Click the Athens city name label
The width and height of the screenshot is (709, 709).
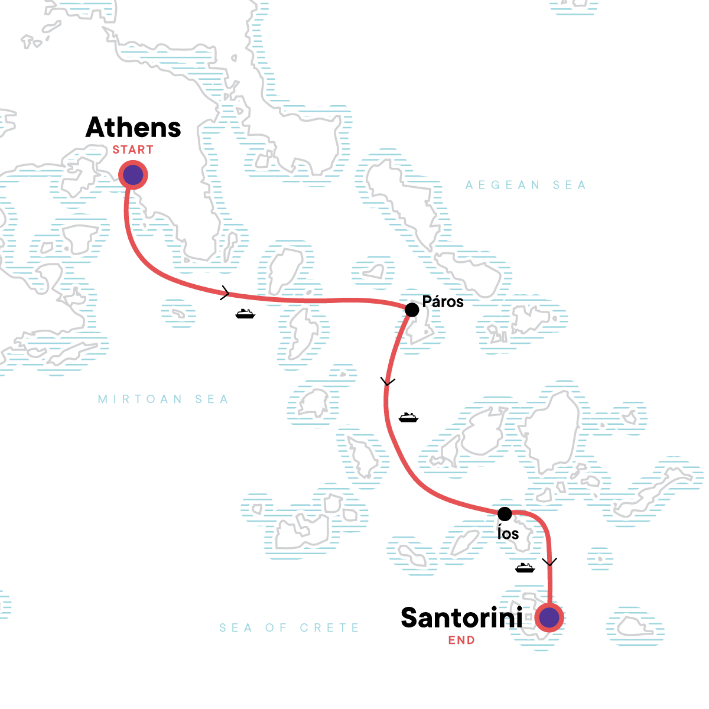point(133,128)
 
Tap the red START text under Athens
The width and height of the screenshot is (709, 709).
point(133,150)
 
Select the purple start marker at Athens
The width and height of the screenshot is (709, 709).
point(133,175)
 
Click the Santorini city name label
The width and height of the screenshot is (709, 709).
point(461,618)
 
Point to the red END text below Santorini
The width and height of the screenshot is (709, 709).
point(461,640)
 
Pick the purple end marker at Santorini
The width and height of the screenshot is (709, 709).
point(549,618)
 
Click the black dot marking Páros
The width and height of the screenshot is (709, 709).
point(412,310)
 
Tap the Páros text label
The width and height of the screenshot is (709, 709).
point(443,301)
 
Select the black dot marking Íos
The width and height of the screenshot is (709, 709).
point(505,513)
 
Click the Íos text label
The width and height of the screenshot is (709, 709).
point(508,534)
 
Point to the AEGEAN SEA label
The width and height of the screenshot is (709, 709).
point(525,186)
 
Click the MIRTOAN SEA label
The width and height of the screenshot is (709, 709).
point(163,399)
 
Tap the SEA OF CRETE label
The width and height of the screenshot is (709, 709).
point(289,627)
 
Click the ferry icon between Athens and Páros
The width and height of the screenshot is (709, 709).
point(245,314)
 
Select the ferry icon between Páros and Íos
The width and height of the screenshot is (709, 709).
point(408,418)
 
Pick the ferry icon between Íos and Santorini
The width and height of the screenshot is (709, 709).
point(525,568)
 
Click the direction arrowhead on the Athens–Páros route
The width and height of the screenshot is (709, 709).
point(225,292)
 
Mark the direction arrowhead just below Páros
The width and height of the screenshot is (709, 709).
point(388,382)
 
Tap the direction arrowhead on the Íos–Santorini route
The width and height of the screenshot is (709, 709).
point(549,562)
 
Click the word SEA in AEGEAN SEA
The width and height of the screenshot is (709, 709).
point(569,186)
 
